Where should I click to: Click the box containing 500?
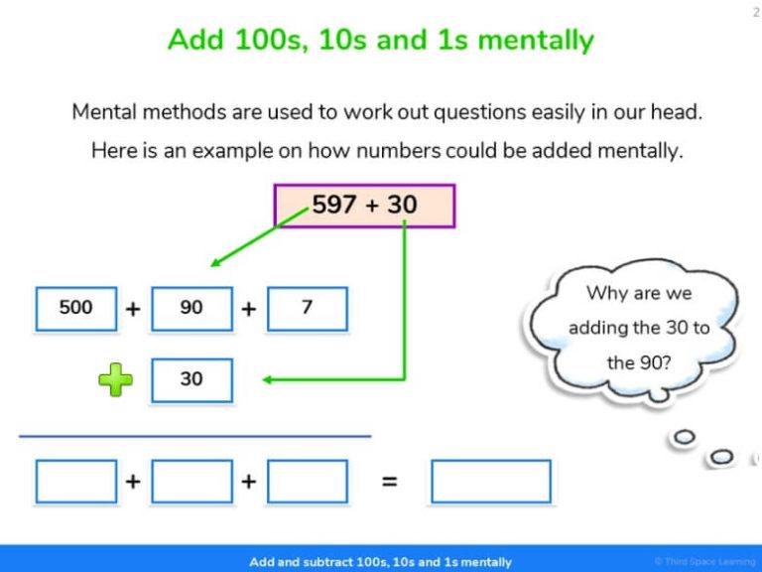point(76,308)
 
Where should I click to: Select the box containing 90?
point(191,308)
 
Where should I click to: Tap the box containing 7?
point(307,308)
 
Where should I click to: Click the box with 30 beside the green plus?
point(191,380)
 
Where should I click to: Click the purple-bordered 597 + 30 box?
point(364,206)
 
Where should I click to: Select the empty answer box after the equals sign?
point(490,482)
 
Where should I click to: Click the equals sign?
point(390,482)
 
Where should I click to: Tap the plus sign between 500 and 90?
point(133,309)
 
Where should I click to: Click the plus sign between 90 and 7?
point(248,309)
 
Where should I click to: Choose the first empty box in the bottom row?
point(76,482)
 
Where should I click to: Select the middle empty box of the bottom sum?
point(191,482)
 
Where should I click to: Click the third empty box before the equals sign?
point(307,482)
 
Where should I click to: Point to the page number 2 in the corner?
point(755,11)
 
